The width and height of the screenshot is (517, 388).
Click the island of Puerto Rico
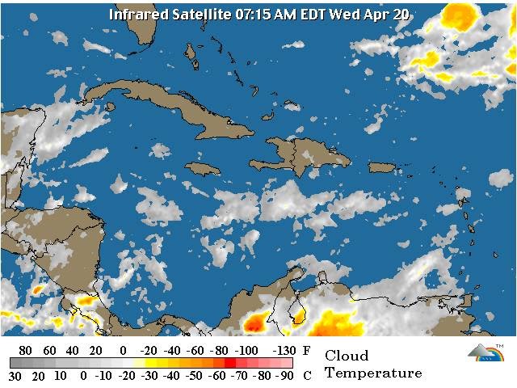(x=383, y=167)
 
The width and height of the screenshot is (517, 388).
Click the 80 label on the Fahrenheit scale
(x=25, y=351)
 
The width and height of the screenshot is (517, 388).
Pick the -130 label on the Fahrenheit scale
(x=282, y=351)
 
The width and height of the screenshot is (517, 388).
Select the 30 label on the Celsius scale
(x=15, y=376)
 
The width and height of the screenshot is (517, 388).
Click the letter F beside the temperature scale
(x=306, y=351)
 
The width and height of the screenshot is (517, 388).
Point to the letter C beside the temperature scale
(x=306, y=376)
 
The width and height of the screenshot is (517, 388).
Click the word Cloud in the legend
(x=346, y=356)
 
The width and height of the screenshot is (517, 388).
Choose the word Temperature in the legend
(x=373, y=373)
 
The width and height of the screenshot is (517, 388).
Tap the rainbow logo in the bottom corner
(x=485, y=352)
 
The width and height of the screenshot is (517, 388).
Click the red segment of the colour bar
(x=231, y=363)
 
